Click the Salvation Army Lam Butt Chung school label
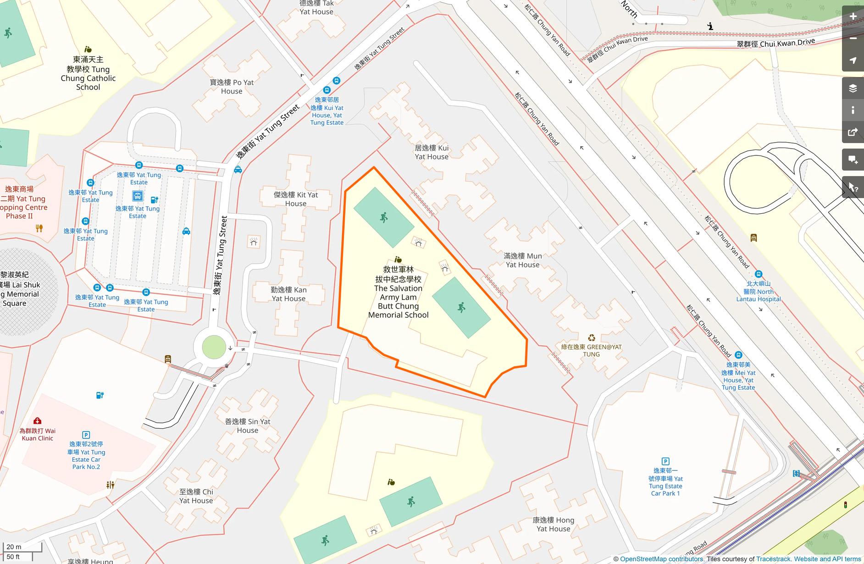click(x=398, y=292)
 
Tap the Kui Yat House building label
click(x=432, y=152)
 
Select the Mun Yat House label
click(x=522, y=260)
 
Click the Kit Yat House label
click(x=296, y=199)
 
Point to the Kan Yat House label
click(x=288, y=294)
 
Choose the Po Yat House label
click(x=232, y=87)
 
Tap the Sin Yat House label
click(x=248, y=426)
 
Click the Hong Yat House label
click(x=553, y=524)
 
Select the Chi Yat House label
click(x=196, y=496)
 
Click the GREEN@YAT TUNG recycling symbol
click(x=592, y=338)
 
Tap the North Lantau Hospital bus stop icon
click(x=759, y=274)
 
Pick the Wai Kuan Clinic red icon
click(x=38, y=421)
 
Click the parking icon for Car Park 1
click(x=665, y=461)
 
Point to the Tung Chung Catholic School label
click(x=88, y=73)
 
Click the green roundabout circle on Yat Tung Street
click(x=214, y=347)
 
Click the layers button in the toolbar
click(x=853, y=88)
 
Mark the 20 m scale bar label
click(x=14, y=547)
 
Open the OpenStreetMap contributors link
click(x=661, y=559)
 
